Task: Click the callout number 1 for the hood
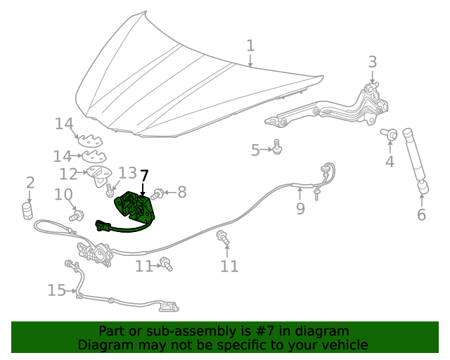250,46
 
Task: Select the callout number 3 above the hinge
373,62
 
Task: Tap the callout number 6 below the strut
421,214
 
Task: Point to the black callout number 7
144,176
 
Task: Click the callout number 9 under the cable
300,208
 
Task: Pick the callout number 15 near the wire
56,290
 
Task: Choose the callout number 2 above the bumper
30,184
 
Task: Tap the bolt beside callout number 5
277,148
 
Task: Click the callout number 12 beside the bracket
68,174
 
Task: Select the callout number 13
127,173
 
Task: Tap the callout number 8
181,191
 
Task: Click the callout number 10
63,194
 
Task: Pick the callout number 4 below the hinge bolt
389,162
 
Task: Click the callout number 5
257,149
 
